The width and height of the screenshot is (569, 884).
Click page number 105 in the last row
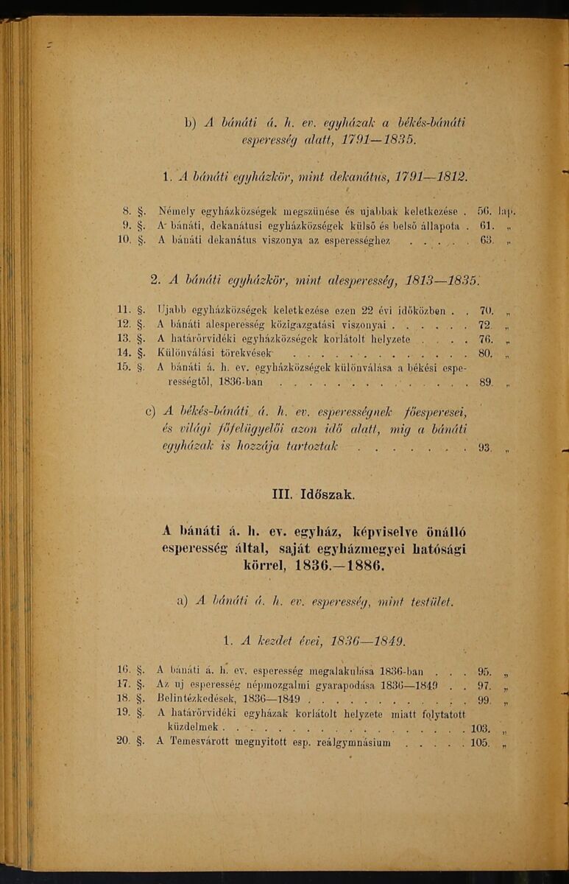coord(479,743)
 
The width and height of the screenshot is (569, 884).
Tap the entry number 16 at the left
coord(123,670)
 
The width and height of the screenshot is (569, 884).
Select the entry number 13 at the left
coord(124,339)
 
